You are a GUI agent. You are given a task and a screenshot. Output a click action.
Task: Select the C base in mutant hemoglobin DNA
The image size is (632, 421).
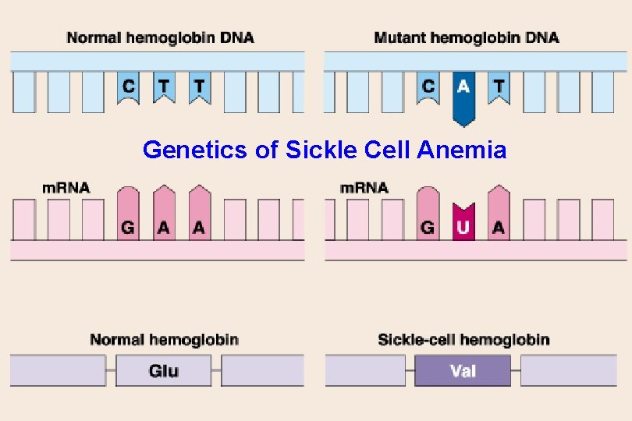coord(427,88)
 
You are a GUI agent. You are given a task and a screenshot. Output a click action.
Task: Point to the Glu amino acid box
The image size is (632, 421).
coord(164,371)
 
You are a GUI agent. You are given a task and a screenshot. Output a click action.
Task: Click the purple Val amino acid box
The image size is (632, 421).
coord(463,371)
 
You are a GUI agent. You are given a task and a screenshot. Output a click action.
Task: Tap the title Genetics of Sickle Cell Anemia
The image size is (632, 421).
coord(325,150)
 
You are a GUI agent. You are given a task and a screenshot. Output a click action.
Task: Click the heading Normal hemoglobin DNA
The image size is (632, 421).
coord(160,37)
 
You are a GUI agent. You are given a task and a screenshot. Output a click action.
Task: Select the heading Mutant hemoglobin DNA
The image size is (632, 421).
coord(467,37)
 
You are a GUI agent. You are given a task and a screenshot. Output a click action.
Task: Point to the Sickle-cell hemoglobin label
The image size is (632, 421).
coord(463,339)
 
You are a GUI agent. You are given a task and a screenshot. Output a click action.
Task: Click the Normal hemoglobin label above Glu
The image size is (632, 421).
coord(164,339)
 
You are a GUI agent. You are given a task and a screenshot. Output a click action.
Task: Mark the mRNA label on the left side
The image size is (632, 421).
coord(66,188)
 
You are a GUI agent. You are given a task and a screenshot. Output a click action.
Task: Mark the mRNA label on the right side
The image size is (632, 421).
coord(365,188)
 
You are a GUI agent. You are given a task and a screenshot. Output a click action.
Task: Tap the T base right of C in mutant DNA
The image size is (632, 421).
coord(499,88)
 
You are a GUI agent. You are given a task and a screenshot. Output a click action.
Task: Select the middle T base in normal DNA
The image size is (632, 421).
coord(164,88)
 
